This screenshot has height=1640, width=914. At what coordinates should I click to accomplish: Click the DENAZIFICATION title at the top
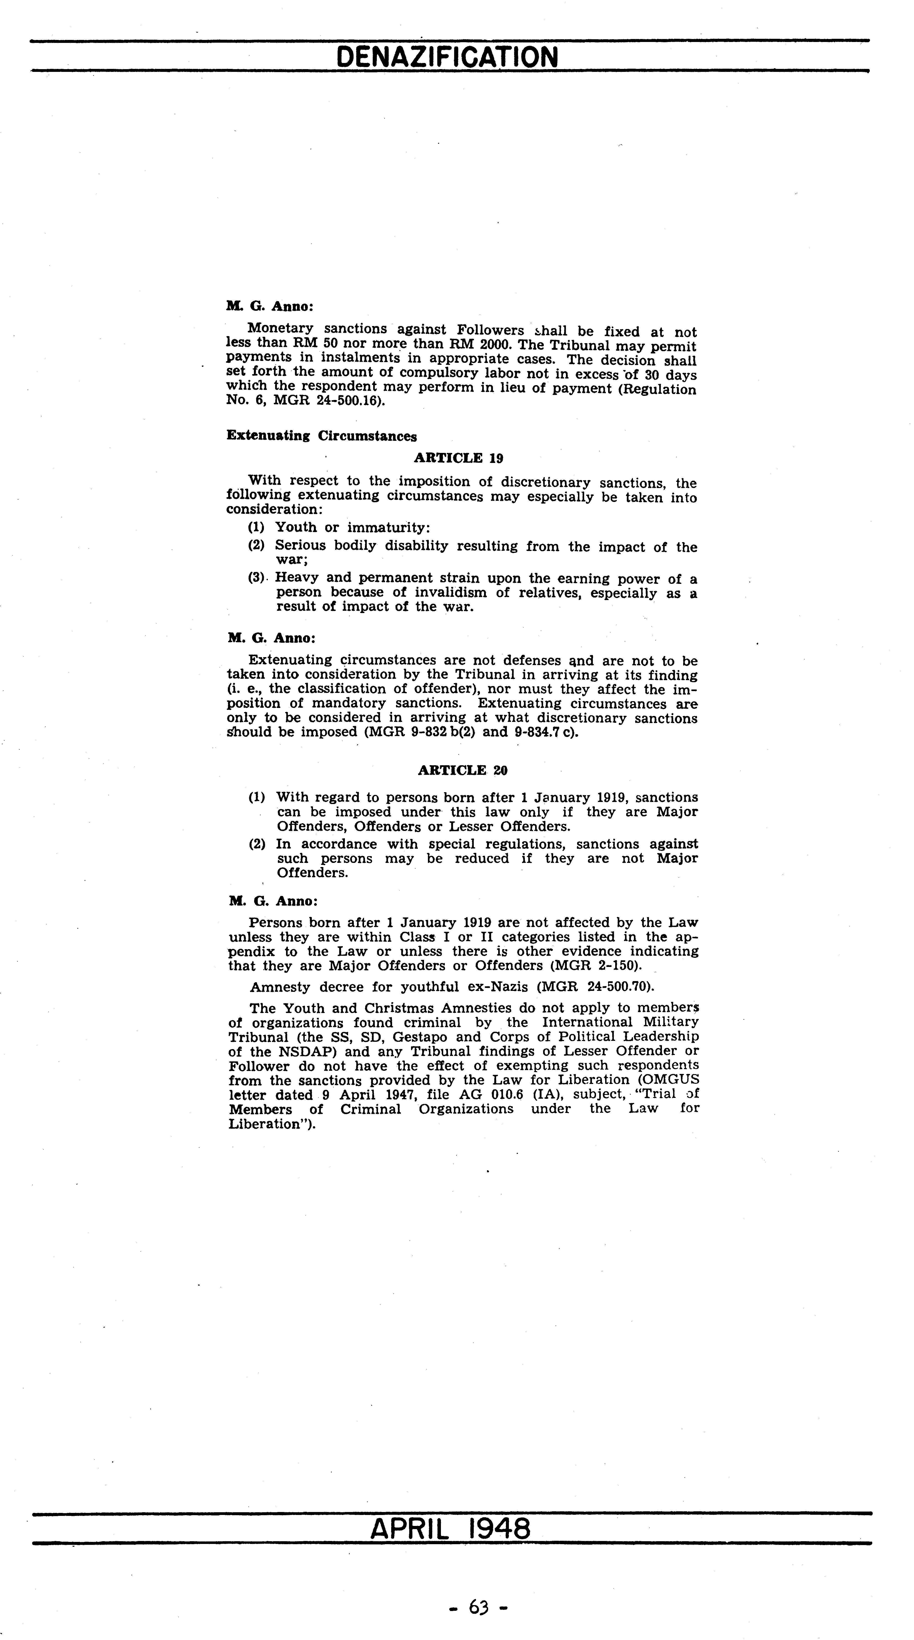click(x=447, y=57)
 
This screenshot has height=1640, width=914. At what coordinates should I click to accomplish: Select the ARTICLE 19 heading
click(x=458, y=458)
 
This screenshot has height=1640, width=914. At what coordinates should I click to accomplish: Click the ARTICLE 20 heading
click(x=462, y=770)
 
